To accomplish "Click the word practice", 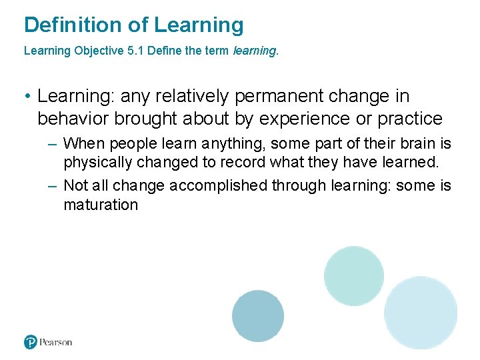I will click(x=410, y=119).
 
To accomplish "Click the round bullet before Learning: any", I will click(x=27, y=97).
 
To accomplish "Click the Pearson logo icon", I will click(x=31, y=342).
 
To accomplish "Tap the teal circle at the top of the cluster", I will click(x=354, y=276).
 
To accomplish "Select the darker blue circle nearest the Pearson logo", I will click(x=258, y=316).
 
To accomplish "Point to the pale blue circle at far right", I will click(x=421, y=313).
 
